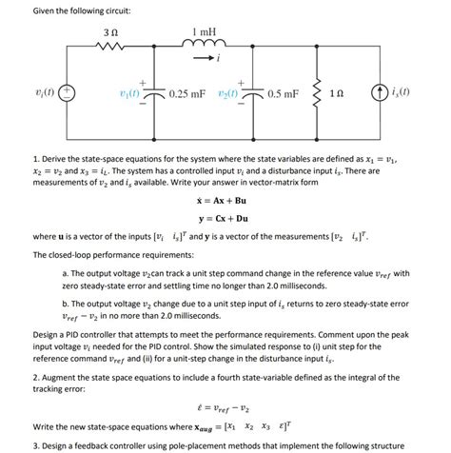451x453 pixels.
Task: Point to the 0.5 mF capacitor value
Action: [284, 95]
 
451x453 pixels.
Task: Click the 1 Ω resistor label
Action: [361, 95]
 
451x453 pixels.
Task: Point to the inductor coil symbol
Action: [204, 47]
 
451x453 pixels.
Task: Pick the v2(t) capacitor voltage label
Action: [230, 95]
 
